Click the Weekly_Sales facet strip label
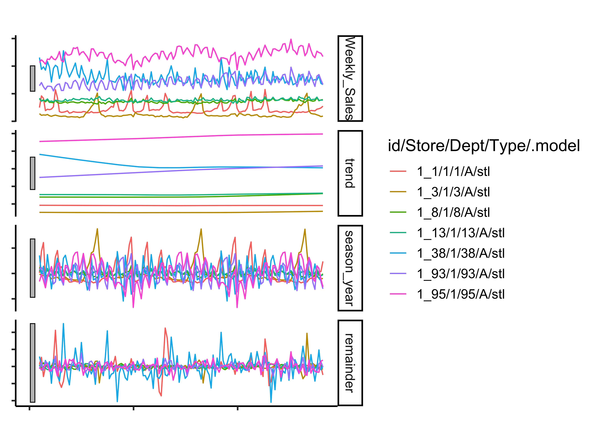point(350,78)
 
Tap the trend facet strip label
point(350,173)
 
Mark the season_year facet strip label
point(350,268)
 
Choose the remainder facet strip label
point(350,363)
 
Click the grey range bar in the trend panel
point(33,173)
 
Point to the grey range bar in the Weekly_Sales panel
point(33,78)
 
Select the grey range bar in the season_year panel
point(33,268)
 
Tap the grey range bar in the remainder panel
point(33,363)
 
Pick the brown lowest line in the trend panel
point(181,212)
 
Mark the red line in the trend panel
point(181,206)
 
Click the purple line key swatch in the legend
point(398,274)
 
